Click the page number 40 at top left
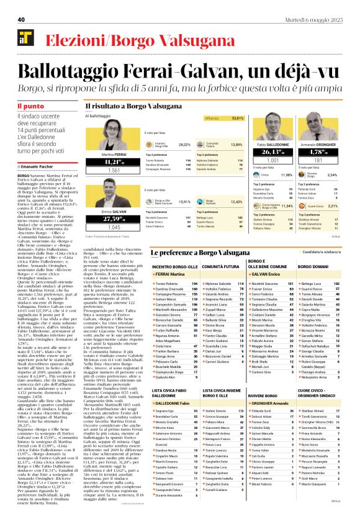pyautogui.click(x=20, y=20)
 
